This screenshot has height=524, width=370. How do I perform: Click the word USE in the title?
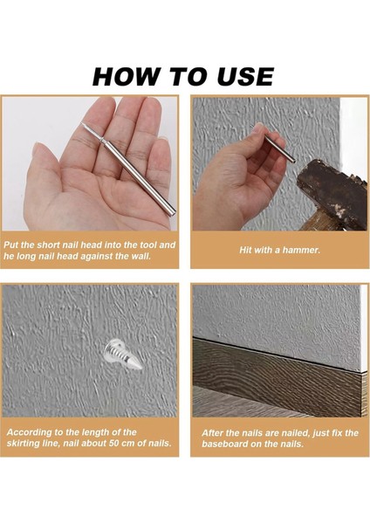[x=245, y=77]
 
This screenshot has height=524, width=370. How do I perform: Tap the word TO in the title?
[x=188, y=77]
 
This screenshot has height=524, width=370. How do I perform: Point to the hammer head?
[x=333, y=193]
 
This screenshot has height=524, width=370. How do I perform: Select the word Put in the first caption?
[x=10, y=245]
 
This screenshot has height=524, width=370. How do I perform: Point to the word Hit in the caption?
[x=245, y=250]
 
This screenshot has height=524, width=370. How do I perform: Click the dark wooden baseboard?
[x=277, y=377]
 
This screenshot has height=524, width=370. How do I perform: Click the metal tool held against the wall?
[x=273, y=143]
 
